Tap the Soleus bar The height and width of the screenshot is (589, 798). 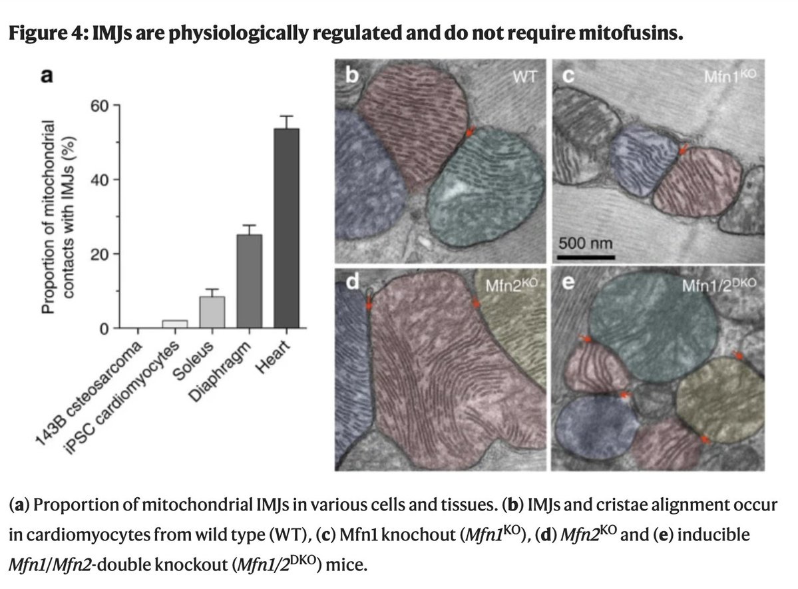pyautogui.click(x=212, y=312)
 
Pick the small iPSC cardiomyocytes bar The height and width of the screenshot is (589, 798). pyautogui.click(x=175, y=324)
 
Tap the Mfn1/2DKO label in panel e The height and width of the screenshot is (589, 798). pyautogui.click(x=719, y=286)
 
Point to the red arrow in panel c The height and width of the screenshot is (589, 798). pyautogui.click(x=681, y=150)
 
